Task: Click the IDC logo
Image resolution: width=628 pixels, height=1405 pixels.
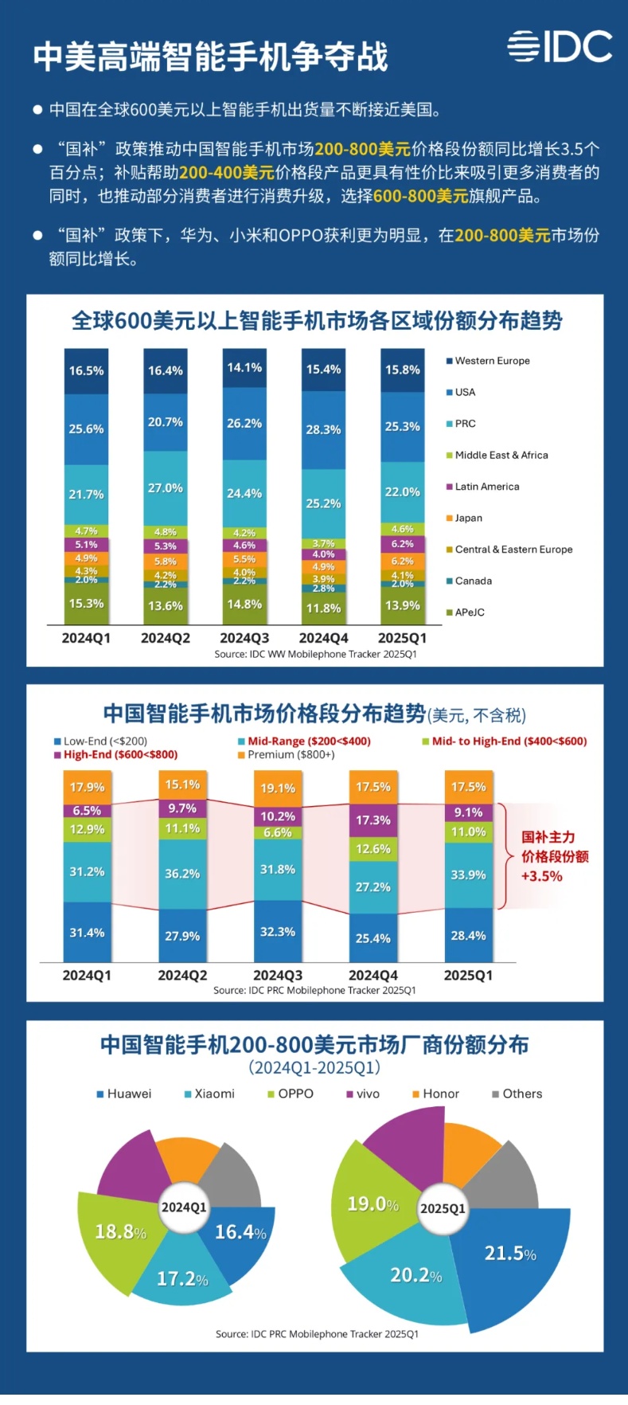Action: (x=560, y=47)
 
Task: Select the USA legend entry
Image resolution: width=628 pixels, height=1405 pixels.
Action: (x=465, y=392)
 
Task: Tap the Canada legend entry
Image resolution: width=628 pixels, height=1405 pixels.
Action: (x=473, y=581)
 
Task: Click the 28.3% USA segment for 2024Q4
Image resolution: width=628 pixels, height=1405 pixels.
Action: (x=323, y=429)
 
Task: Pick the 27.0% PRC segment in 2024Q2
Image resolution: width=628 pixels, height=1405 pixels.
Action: (x=166, y=487)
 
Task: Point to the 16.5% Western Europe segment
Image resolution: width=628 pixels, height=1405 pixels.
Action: (x=86, y=370)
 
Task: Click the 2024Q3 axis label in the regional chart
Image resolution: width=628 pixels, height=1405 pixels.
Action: (x=244, y=638)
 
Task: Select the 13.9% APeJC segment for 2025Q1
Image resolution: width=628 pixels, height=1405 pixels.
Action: (x=402, y=605)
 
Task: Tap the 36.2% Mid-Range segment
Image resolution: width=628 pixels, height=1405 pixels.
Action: (x=182, y=874)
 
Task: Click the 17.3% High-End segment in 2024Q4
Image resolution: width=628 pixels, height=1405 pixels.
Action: (x=373, y=820)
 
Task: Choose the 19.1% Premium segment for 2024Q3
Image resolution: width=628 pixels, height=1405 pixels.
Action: (x=277, y=789)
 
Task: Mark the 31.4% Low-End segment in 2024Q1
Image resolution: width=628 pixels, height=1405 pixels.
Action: (x=87, y=933)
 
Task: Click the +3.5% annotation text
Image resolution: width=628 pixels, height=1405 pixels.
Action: (x=541, y=876)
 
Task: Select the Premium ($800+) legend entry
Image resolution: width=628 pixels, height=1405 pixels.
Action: (x=291, y=754)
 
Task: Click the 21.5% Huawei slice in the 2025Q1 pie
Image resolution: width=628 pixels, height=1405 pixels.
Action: (x=510, y=1254)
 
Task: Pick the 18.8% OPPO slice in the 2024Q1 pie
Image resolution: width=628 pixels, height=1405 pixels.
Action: (x=120, y=1232)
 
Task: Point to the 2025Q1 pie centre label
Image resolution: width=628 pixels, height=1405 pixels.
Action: (x=443, y=1208)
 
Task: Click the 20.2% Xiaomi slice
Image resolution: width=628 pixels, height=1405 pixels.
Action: (x=415, y=1275)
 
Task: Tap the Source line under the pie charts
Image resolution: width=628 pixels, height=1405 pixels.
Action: (x=317, y=1333)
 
